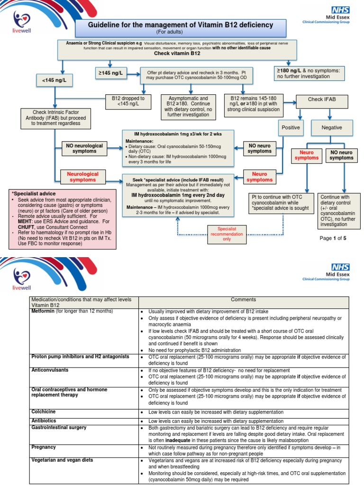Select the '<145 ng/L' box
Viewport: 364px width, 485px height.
click(54, 81)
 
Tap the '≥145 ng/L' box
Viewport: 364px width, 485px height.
click(110, 73)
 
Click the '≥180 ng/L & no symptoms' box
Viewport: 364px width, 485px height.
click(309, 73)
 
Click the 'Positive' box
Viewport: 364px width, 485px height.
click(291, 127)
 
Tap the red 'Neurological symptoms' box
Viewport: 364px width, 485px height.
click(83, 177)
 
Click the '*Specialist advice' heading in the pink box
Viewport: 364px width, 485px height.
click(33, 194)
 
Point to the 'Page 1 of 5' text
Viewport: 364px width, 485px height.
click(333, 238)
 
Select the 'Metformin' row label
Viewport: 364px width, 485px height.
click(46, 311)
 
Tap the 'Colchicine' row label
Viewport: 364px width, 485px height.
click(44, 412)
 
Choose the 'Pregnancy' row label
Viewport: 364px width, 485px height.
click(44, 447)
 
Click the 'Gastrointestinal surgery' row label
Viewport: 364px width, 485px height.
click(59, 427)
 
